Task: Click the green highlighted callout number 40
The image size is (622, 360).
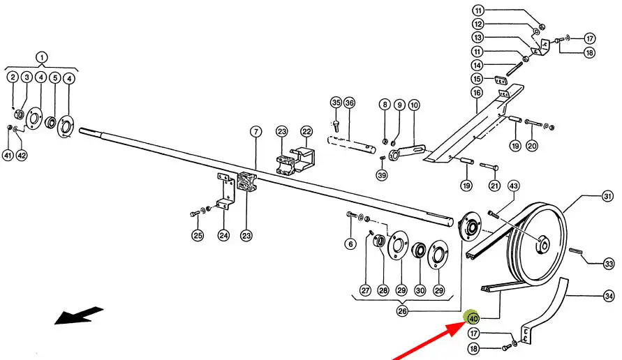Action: pos(473,319)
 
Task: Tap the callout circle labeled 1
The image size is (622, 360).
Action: pos(41,57)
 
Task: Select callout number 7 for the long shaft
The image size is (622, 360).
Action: pos(256,132)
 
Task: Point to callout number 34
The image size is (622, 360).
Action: pos(609,297)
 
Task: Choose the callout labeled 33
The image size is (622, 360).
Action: pos(609,263)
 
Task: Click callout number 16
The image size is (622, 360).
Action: pos(477,92)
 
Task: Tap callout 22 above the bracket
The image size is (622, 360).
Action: pos(306,132)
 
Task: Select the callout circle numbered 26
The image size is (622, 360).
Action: pos(402,311)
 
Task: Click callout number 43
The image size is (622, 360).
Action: pos(513,186)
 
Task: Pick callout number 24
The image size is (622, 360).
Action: pos(223,236)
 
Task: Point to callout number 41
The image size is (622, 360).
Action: pos(8,155)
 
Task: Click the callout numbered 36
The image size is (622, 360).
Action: pos(350,103)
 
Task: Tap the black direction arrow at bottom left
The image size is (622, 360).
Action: pos(79,316)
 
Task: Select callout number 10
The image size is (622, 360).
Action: pos(414,105)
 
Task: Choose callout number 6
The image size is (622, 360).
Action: pos(350,243)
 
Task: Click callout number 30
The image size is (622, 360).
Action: pos(420,290)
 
